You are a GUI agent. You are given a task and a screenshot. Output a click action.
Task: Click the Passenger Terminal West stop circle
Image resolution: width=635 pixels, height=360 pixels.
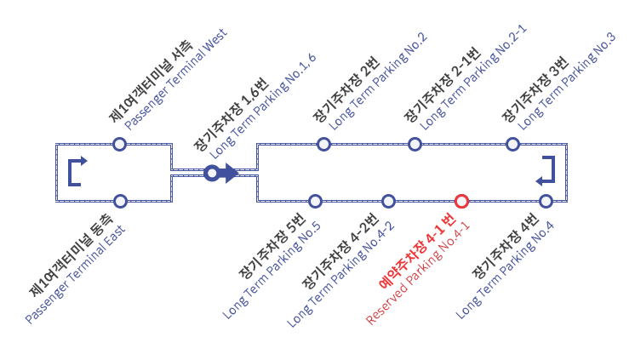(x=120, y=144)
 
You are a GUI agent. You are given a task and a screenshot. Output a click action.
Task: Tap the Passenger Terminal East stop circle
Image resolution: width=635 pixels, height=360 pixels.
(x=120, y=201)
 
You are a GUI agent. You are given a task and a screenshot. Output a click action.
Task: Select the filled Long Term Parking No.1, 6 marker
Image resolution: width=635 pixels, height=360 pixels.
(x=212, y=174)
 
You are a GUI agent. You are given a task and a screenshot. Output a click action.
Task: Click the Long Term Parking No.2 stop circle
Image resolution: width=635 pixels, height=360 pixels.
(x=323, y=144)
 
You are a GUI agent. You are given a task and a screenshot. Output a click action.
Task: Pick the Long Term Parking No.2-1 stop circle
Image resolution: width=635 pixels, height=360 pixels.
(x=415, y=144)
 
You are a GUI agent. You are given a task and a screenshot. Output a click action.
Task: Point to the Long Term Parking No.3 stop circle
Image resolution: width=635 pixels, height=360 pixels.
(x=512, y=144)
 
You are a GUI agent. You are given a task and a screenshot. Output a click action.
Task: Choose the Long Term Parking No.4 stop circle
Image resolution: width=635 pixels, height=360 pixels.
(x=546, y=201)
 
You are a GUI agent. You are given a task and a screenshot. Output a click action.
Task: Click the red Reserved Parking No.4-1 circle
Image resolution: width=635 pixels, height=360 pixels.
(x=461, y=201)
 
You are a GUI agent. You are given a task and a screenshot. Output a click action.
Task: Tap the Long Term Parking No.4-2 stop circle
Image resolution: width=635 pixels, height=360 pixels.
(x=388, y=201)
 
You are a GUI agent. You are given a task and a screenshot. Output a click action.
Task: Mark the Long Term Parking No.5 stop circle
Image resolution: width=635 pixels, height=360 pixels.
(x=315, y=201)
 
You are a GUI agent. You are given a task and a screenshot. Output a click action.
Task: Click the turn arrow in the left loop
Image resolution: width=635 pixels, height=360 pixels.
(x=77, y=170)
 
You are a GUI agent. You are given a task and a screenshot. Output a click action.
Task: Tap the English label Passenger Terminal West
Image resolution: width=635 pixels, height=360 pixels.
(x=175, y=83)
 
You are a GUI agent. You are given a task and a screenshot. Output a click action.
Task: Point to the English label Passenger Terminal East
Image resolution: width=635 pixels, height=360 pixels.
(x=75, y=274)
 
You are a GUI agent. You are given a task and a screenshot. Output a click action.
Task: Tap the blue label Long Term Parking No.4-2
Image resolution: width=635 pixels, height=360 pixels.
(x=340, y=275)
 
